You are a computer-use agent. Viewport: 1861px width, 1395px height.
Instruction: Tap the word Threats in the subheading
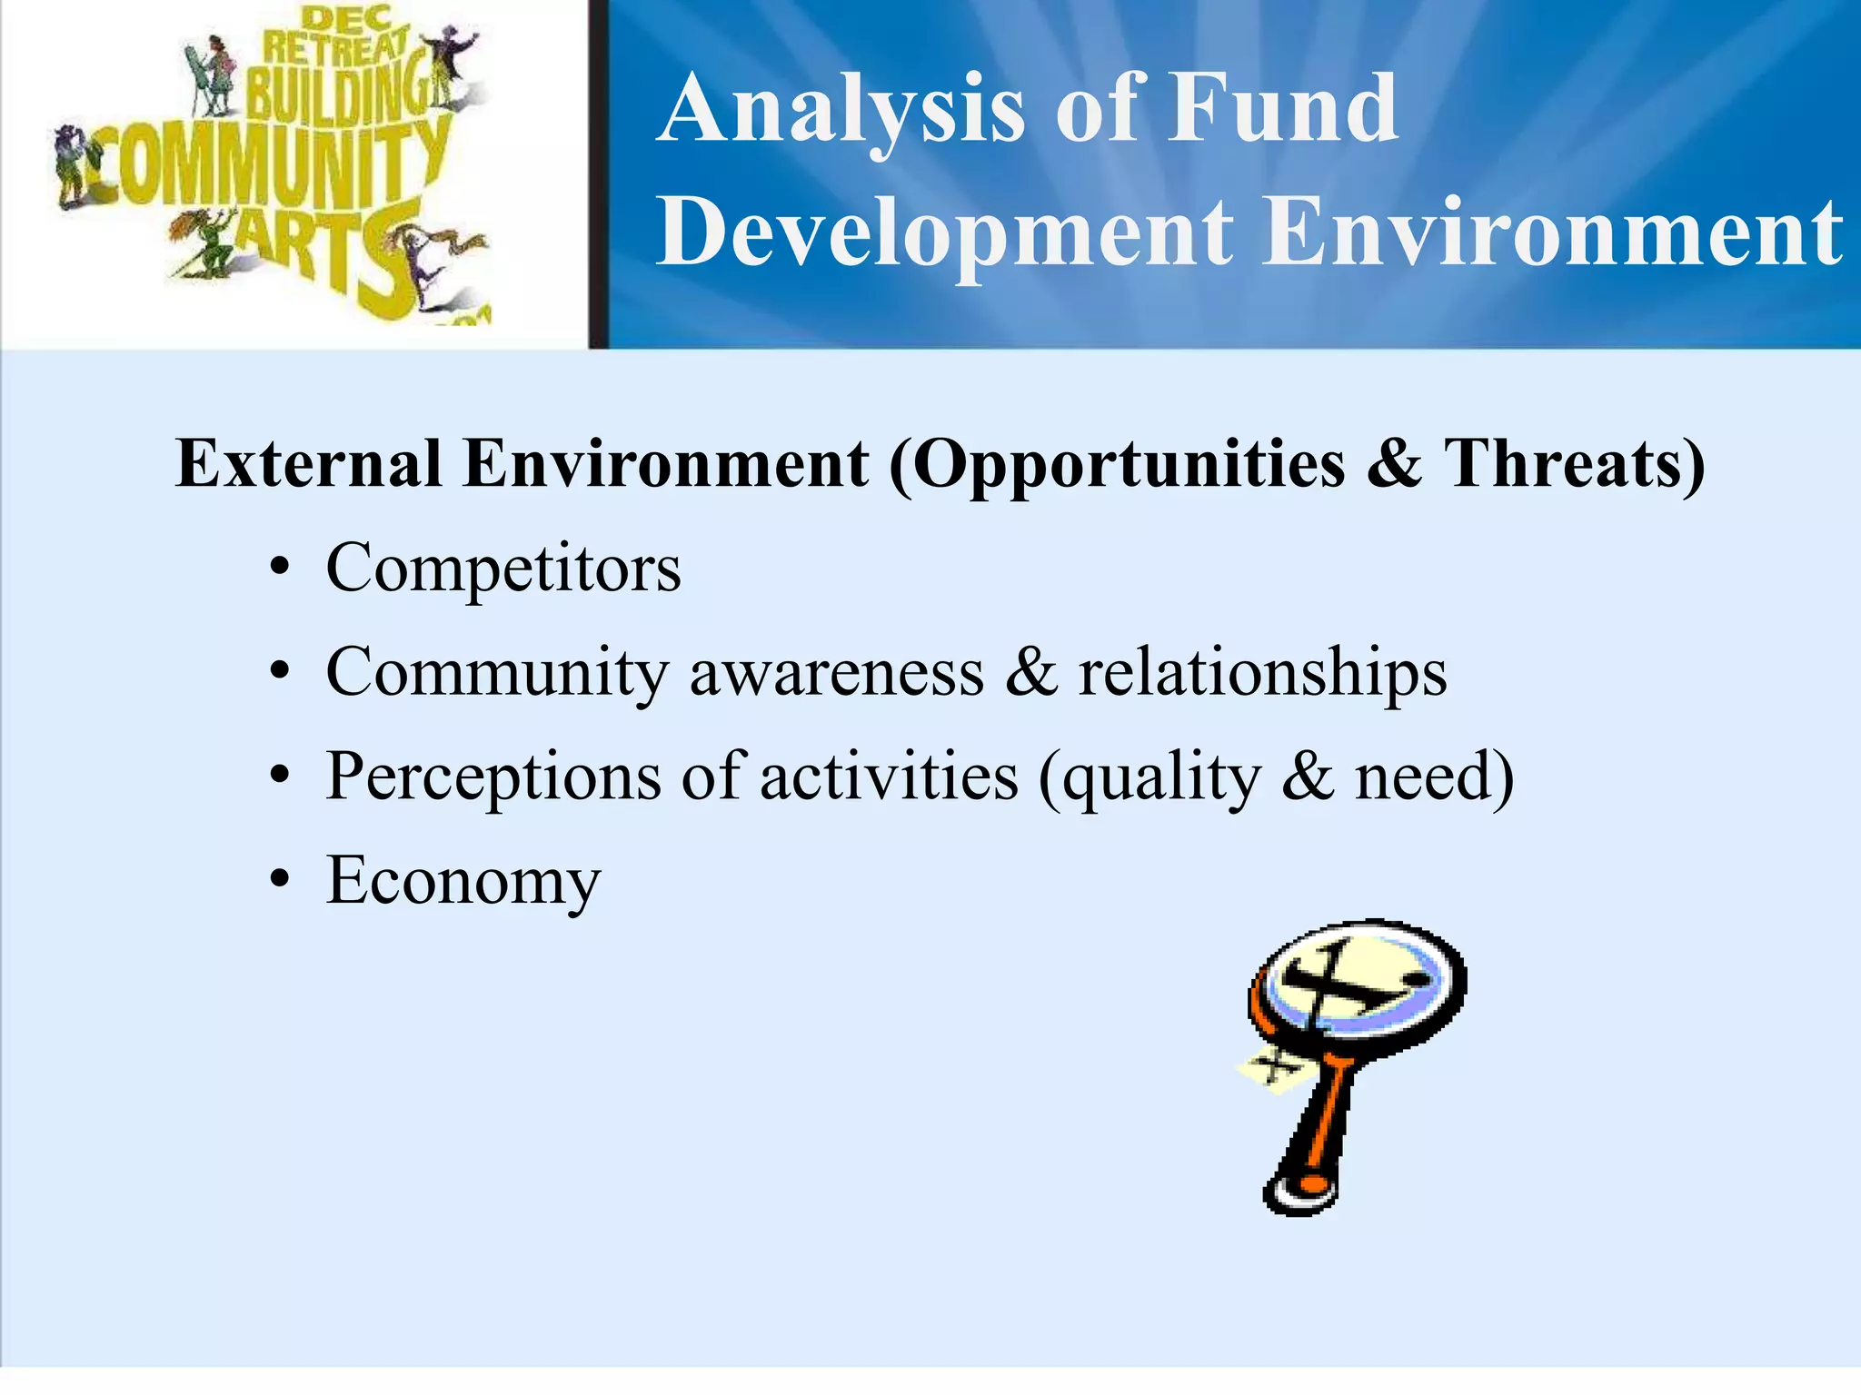pos(1573,464)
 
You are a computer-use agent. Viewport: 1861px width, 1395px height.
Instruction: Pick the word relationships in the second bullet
pos(1262,674)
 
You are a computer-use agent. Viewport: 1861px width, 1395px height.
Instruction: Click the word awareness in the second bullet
pos(836,674)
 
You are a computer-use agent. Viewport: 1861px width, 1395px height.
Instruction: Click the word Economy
pos(463,881)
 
